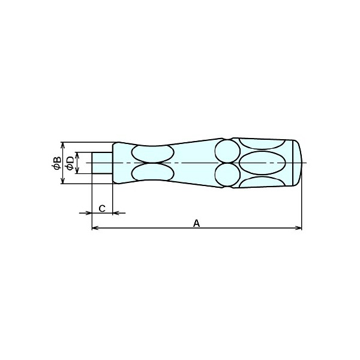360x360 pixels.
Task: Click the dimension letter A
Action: [x=196, y=223]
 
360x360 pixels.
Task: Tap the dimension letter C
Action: [x=102, y=209]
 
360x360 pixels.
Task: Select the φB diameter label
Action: [x=56, y=163]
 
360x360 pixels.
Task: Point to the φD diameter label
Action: [x=70, y=163]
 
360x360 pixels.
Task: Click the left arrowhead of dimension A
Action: [x=95, y=228]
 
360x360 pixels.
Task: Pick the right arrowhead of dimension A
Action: [x=298, y=228]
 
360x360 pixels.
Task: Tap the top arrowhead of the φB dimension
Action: [x=62, y=146]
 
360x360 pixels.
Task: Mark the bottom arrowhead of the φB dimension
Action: [x=62, y=180]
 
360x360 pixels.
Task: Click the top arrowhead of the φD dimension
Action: [x=77, y=155]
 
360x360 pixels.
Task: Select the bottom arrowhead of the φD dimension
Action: [x=77, y=170]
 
